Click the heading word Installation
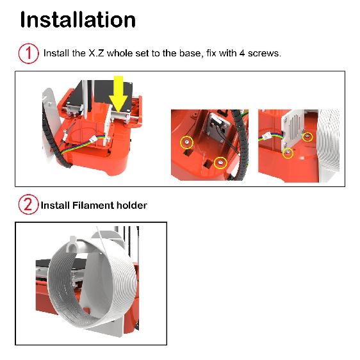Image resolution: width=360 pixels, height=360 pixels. [x=78, y=19]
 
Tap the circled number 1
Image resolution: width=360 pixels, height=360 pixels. [x=28, y=53]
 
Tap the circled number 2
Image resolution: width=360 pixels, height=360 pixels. [x=28, y=206]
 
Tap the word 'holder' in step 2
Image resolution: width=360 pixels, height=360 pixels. [x=132, y=206]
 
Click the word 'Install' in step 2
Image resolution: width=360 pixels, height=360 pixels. [x=56, y=206]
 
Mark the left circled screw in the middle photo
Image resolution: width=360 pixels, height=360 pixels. [x=186, y=142]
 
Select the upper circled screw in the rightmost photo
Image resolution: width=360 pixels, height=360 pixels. [x=307, y=136]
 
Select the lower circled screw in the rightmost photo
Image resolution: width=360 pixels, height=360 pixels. [x=288, y=153]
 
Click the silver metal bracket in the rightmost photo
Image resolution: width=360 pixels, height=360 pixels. [x=293, y=131]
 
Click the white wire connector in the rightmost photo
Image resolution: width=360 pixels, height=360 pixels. [x=266, y=136]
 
